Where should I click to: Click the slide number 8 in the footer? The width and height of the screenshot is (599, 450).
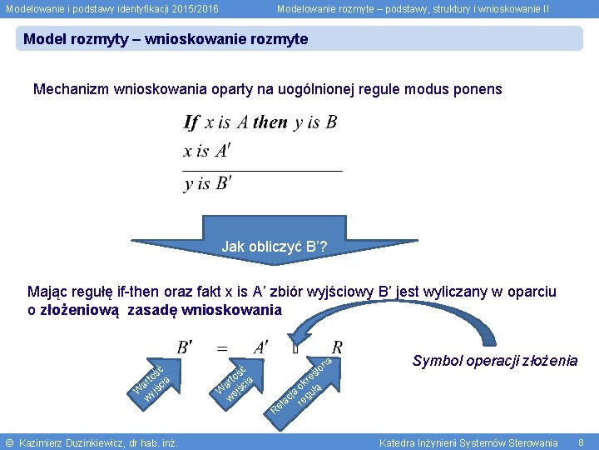[582, 442]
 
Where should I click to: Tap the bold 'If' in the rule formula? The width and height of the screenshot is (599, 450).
[191, 123]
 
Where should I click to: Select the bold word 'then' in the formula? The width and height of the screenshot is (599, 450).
[270, 122]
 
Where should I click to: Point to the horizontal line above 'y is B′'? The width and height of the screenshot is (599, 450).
[262, 170]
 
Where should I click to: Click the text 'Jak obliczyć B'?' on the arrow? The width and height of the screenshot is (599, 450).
[274, 247]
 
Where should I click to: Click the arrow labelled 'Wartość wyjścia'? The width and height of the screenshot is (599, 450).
[152, 379]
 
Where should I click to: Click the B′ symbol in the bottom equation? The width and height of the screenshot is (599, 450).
[185, 347]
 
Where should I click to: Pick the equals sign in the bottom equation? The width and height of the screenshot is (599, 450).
[223, 347]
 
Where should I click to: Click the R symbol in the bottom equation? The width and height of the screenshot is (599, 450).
[337, 347]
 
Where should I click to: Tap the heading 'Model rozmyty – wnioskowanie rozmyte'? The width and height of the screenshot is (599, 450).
[166, 39]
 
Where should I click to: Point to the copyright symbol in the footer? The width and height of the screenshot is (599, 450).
[9, 442]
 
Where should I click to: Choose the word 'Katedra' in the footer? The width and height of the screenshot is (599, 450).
[397, 442]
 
